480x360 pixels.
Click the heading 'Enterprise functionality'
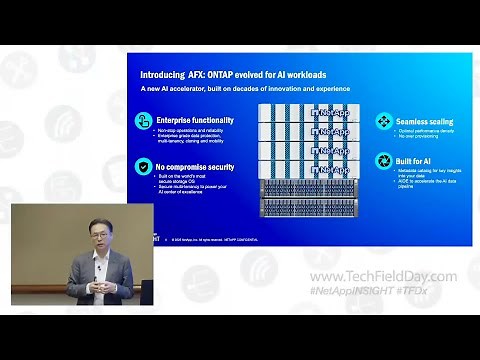point(191,120)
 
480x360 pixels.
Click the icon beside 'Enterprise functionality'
point(143,121)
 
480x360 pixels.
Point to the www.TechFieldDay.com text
point(383,276)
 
